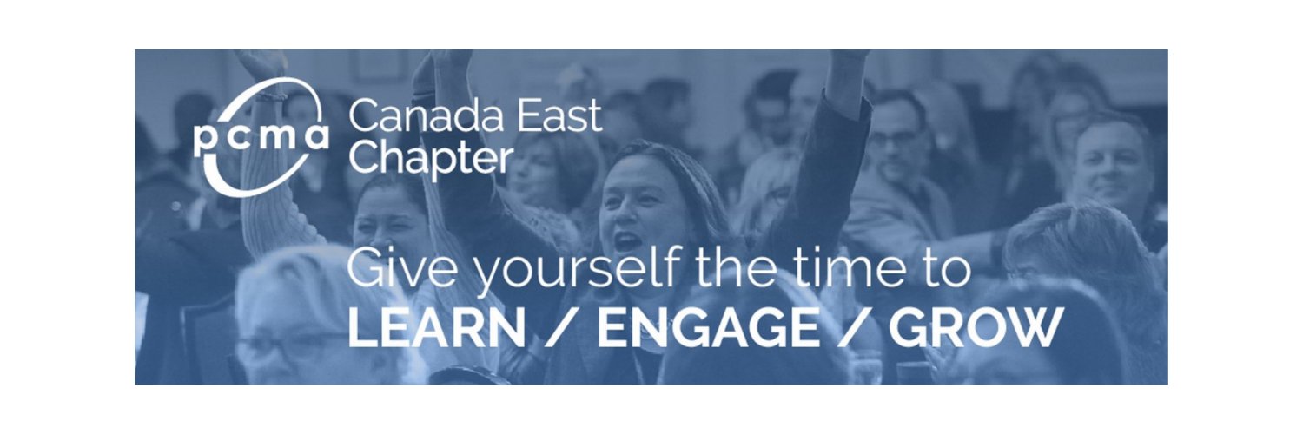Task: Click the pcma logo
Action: [x=260, y=137]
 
